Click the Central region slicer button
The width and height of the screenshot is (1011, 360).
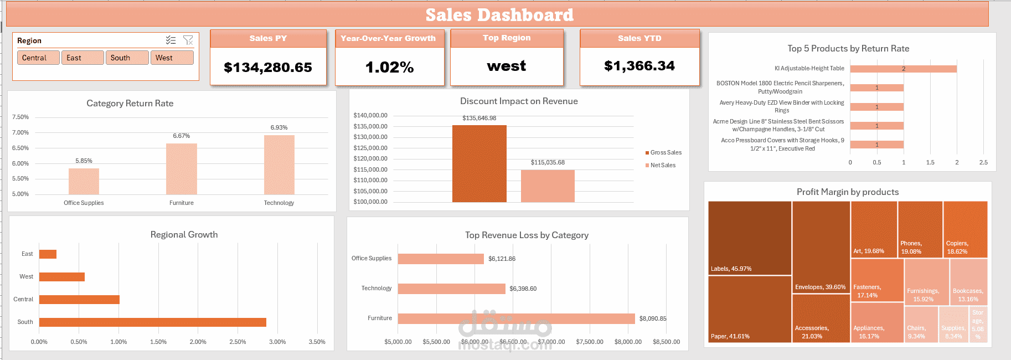(38, 58)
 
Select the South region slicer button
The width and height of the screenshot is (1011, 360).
(127, 58)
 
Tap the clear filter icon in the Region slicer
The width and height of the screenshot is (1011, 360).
(188, 40)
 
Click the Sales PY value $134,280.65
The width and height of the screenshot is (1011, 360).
(268, 68)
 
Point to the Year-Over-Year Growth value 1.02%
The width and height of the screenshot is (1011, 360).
(389, 68)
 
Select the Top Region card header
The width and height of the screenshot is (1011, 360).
(507, 38)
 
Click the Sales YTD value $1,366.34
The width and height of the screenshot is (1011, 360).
(639, 66)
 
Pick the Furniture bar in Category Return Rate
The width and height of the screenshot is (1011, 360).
(182, 169)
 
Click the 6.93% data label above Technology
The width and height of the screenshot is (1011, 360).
(279, 127)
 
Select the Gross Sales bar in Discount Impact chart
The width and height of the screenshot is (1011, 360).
(479, 163)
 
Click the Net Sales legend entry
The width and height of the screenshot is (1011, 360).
(662, 165)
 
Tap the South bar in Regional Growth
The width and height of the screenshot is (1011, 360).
(152, 322)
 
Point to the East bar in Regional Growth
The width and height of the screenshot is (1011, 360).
(48, 254)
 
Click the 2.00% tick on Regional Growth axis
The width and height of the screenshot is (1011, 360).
(198, 342)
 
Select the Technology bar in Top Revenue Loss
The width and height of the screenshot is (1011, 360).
(451, 289)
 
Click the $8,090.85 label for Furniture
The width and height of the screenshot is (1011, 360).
(653, 318)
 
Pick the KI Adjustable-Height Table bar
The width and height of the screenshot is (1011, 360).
(903, 69)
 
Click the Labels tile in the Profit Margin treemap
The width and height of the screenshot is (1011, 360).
(750, 238)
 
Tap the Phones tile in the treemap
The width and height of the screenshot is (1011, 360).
(920, 229)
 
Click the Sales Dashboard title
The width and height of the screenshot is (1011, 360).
(499, 15)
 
